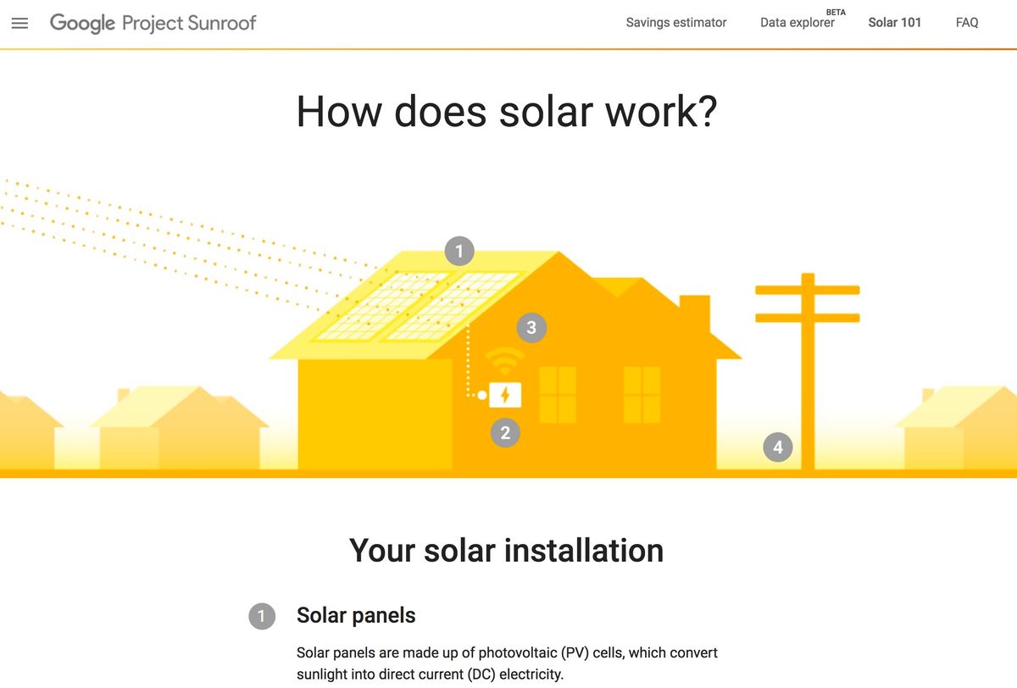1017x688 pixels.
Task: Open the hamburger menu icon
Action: [x=19, y=23]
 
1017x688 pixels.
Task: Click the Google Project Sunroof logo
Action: [x=153, y=23]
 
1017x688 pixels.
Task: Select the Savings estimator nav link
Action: [x=675, y=23]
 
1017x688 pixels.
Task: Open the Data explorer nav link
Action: [x=797, y=23]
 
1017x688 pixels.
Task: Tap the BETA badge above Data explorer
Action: [x=835, y=12]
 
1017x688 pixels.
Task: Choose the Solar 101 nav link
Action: [x=894, y=23]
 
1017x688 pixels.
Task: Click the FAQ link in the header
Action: [x=967, y=23]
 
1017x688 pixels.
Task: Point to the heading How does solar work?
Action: [x=507, y=111]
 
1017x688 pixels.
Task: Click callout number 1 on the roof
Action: [x=458, y=251]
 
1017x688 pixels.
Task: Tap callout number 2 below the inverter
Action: [x=505, y=433]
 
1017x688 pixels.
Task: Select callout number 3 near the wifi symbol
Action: [x=531, y=328]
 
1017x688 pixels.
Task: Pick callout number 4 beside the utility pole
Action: [x=777, y=447]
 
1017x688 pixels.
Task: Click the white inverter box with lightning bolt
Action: [x=505, y=394]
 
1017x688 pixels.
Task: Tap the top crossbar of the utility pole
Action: [x=807, y=290]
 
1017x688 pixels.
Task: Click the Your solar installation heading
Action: [x=506, y=551]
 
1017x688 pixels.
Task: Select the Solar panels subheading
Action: [x=356, y=615]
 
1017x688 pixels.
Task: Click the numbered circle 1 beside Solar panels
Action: [x=262, y=616]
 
